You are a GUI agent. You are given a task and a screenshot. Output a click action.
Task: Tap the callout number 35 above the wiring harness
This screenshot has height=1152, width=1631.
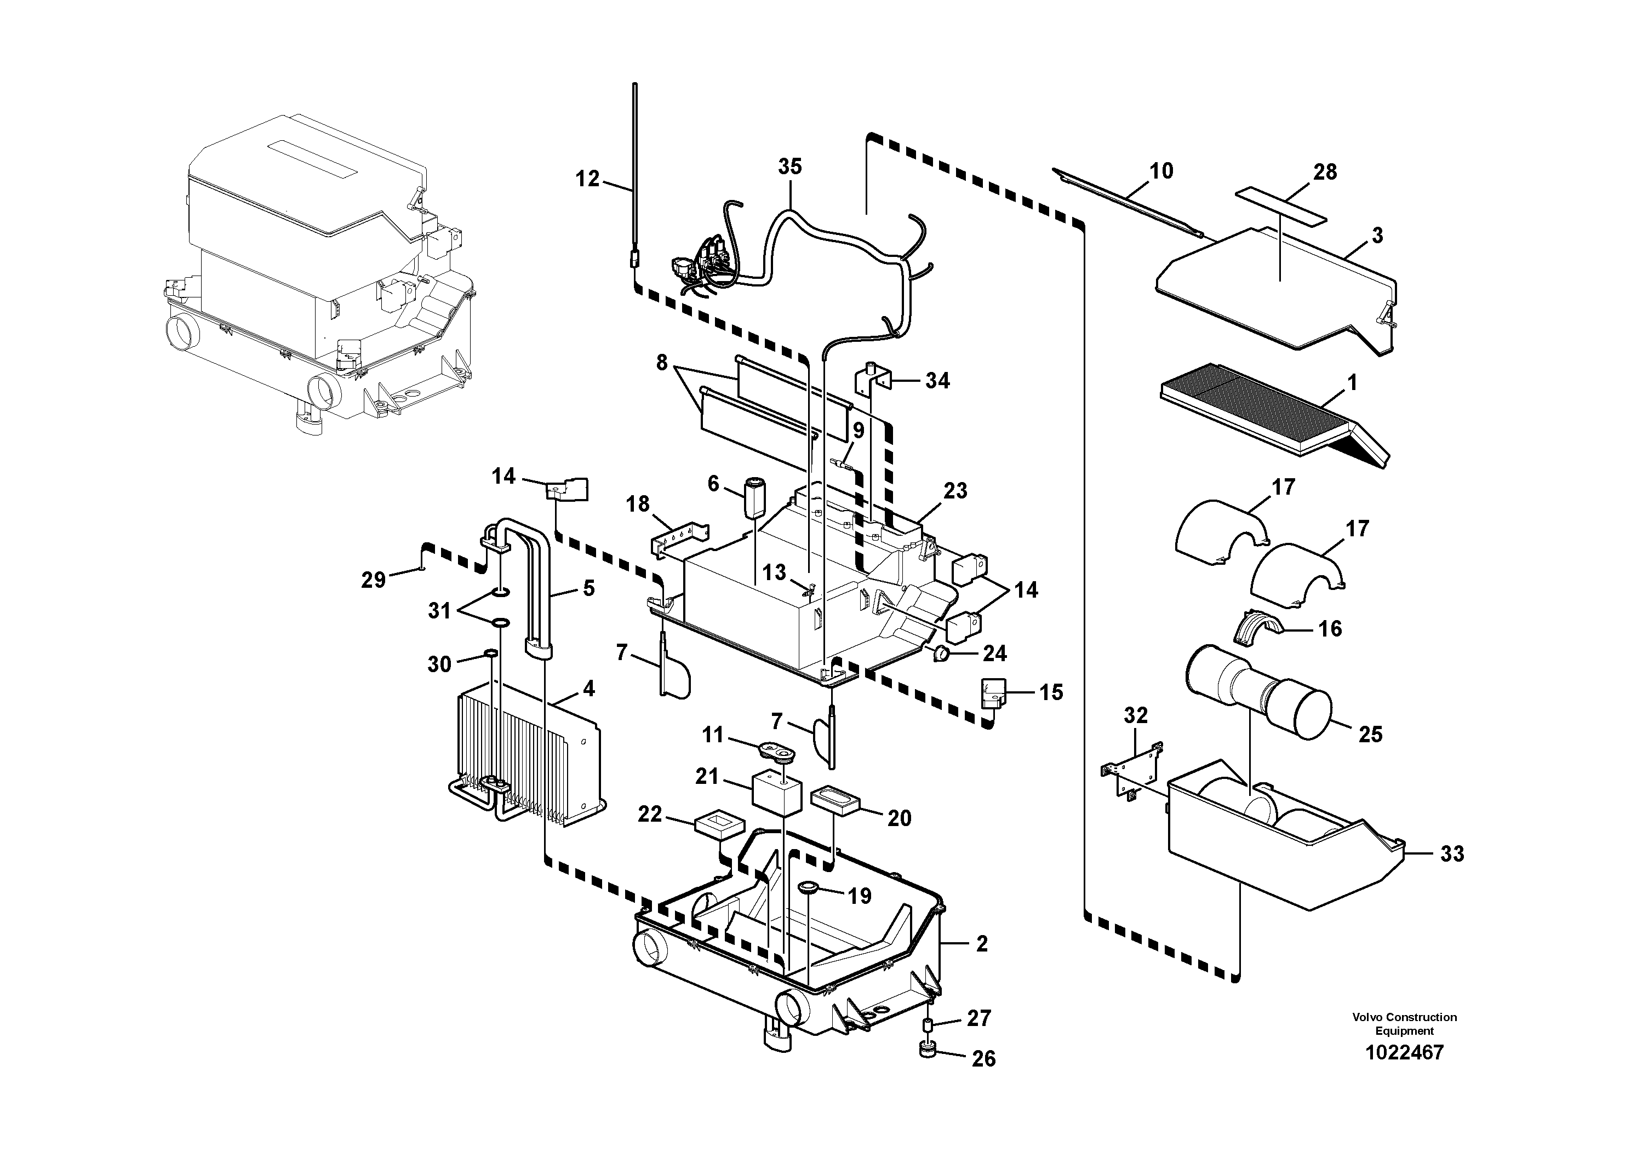click(789, 167)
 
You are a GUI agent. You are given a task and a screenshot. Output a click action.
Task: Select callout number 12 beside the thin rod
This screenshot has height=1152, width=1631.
click(587, 179)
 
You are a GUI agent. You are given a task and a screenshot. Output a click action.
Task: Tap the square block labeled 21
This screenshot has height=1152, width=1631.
click(776, 791)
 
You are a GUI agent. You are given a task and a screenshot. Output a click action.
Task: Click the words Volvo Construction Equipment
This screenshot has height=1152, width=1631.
click(1404, 1024)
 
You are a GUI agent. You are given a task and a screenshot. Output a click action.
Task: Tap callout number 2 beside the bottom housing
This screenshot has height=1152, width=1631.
click(982, 944)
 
